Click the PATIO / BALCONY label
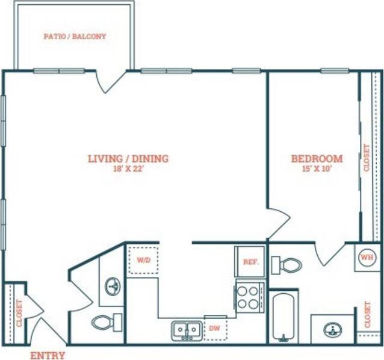pyautogui.click(x=75, y=36)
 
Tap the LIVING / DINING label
pyautogui.click(x=128, y=159)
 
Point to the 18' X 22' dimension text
pyautogui.click(x=128, y=170)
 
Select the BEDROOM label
pyautogui.click(x=317, y=159)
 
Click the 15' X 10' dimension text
pyautogui.click(x=317, y=169)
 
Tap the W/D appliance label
pyautogui.click(x=143, y=261)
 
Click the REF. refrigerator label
pyautogui.click(x=250, y=262)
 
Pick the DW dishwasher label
pyautogui.click(x=214, y=329)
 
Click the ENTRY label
pyautogui.click(x=48, y=355)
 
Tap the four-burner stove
pyautogui.click(x=249, y=296)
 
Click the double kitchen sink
pyautogui.click(x=187, y=330)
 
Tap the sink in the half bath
pyautogui.click(x=112, y=287)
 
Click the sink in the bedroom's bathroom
pyautogui.click(x=332, y=329)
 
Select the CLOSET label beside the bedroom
pyautogui.click(x=367, y=158)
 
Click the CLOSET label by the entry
pyautogui.click(x=19, y=313)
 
